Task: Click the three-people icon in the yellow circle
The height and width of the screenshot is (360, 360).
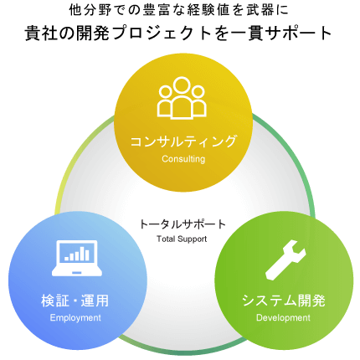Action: click(182, 98)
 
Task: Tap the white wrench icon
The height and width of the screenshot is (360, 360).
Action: click(285, 260)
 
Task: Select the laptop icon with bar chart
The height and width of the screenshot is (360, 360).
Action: click(77, 258)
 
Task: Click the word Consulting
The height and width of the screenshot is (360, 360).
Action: click(183, 159)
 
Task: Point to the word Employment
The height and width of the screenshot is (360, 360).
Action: click(75, 317)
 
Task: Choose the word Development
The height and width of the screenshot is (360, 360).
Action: click(283, 317)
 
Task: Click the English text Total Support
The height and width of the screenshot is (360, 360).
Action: click(182, 239)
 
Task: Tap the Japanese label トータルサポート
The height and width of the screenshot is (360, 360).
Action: click(183, 224)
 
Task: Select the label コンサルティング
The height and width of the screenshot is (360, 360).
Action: click(183, 141)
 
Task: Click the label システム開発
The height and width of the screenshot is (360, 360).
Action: click(284, 301)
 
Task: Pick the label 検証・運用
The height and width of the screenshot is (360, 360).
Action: click(75, 301)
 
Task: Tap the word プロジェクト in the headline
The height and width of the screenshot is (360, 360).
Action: click(164, 33)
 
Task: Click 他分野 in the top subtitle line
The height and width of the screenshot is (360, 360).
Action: click(90, 11)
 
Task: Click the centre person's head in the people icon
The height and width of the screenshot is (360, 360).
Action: click(182, 85)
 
